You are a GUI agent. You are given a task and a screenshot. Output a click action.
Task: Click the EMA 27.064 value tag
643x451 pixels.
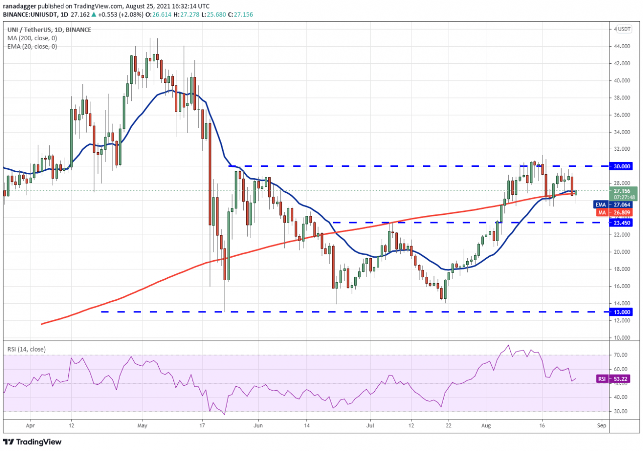[x=620, y=204]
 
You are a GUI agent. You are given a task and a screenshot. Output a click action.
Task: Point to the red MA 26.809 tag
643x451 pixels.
[x=620, y=212]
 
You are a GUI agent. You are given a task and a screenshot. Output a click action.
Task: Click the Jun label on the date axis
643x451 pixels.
[x=258, y=424]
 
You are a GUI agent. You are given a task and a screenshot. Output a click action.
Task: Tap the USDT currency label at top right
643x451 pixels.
[x=623, y=29]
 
